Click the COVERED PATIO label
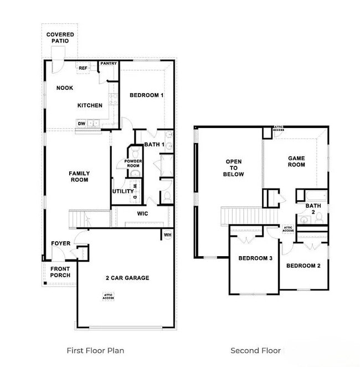pyautogui.click(x=60, y=38)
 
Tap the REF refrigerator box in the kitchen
pyautogui.click(x=84, y=68)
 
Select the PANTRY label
pyautogui.click(x=109, y=64)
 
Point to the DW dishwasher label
pyautogui.click(x=81, y=124)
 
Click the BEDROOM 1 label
pyautogui.click(x=147, y=95)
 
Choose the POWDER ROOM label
pyautogui.click(x=133, y=163)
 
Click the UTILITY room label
pyautogui.click(x=123, y=192)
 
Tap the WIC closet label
pyautogui.click(x=143, y=213)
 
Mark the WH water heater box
pyautogui.click(x=167, y=235)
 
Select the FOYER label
pyautogui.click(x=61, y=243)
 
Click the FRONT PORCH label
pyautogui.click(x=60, y=272)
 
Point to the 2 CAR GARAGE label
pyautogui.click(x=127, y=278)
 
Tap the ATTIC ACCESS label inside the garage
pyautogui.click(x=109, y=297)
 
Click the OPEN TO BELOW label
pyautogui.click(x=234, y=168)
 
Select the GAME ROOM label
pyautogui.click(x=296, y=161)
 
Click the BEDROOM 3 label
pyautogui.click(x=255, y=258)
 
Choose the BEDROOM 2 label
pyautogui.click(x=304, y=266)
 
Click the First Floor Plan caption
pyautogui.click(x=95, y=350)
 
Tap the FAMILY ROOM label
pyautogui.click(x=79, y=176)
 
